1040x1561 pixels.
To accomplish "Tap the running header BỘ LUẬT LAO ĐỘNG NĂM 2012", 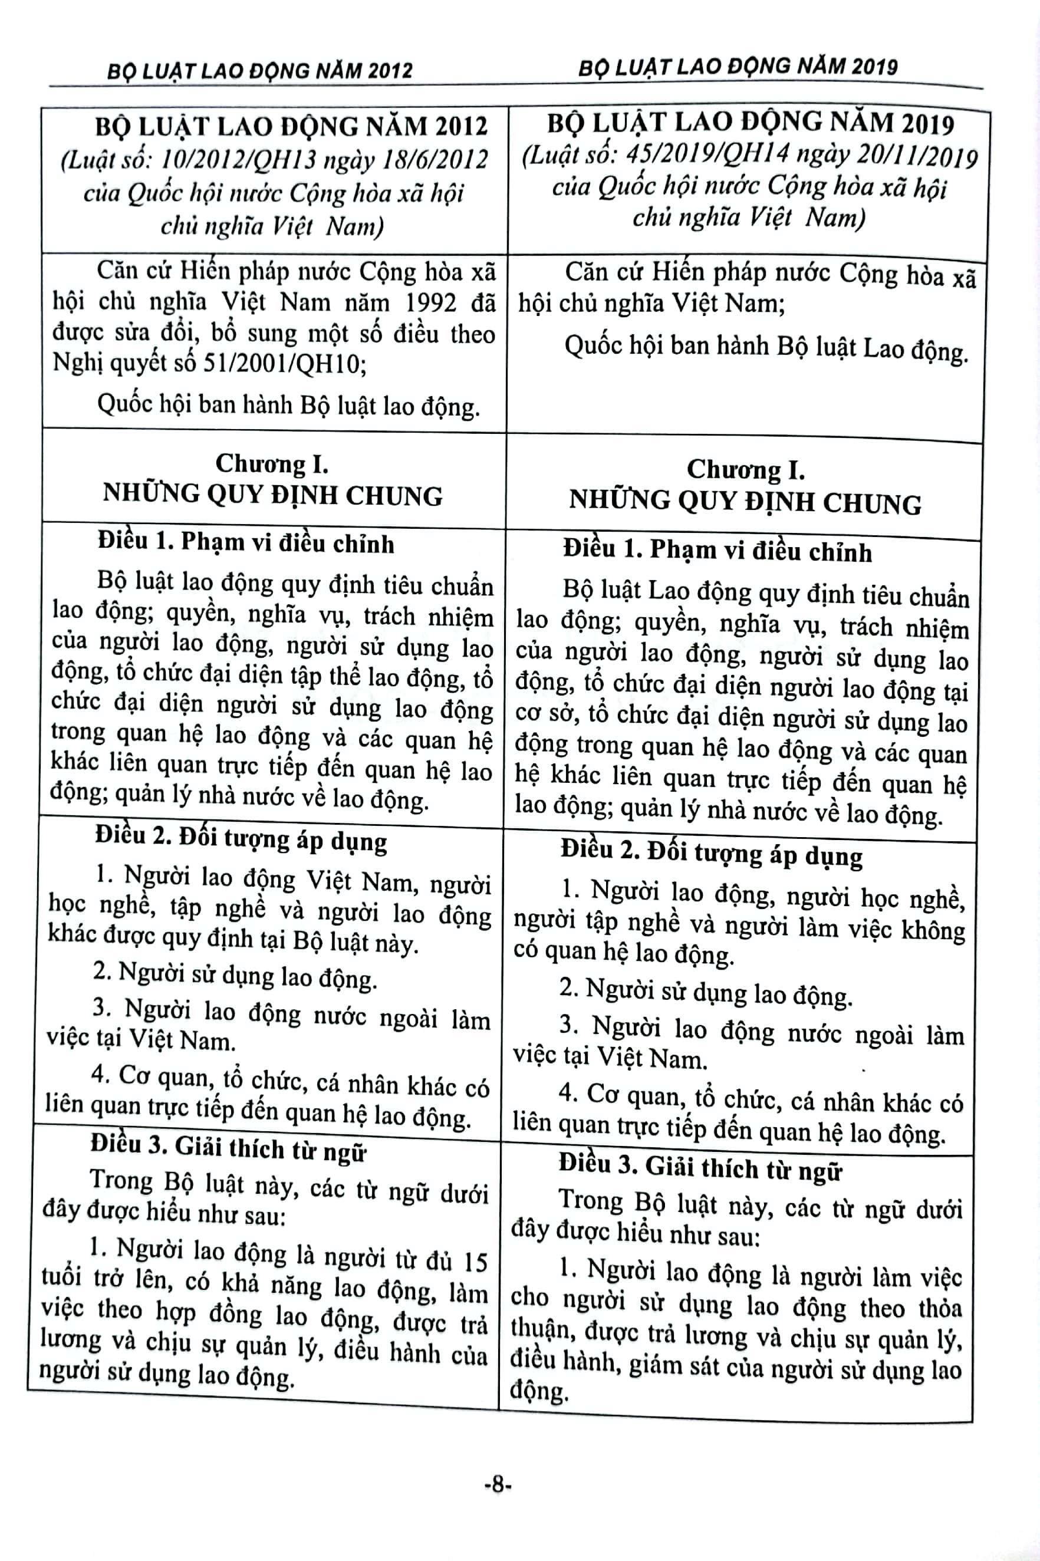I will [x=259, y=70].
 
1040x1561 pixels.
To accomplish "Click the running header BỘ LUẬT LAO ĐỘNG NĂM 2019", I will [x=738, y=67].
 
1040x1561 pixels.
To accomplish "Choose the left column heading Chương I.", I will [x=272, y=463].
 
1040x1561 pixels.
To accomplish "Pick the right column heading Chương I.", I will [x=745, y=469].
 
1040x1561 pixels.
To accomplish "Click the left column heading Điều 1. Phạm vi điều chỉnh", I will [x=246, y=543].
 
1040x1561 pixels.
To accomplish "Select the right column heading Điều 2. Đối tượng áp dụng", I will [x=711, y=853].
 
